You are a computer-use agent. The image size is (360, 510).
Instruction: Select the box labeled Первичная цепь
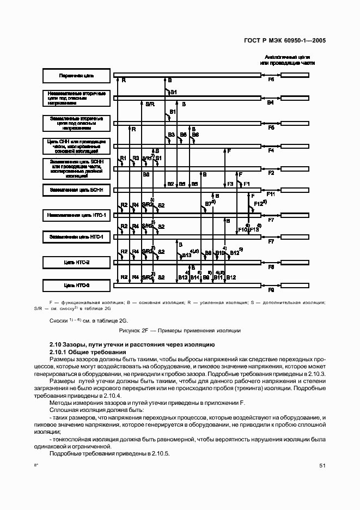tap(73, 76)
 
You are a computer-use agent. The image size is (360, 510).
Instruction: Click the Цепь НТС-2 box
tap(73, 263)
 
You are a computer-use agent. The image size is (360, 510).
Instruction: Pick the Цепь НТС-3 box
tap(73, 284)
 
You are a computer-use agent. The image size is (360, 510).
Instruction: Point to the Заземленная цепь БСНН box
tap(73, 190)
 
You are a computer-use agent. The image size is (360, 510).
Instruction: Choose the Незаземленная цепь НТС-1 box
tap(73, 216)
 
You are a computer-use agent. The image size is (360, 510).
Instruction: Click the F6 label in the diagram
tap(271, 80)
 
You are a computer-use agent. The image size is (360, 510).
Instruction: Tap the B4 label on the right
tap(270, 102)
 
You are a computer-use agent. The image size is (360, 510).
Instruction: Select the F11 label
tap(271, 194)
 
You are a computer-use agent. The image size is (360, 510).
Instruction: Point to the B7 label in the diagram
tap(208, 204)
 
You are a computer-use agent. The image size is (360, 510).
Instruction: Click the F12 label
tap(258, 204)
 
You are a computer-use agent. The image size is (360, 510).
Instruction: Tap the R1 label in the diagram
tap(123, 159)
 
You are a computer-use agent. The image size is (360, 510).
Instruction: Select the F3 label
tap(230, 184)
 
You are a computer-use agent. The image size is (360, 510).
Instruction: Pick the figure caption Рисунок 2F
tap(180, 330)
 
